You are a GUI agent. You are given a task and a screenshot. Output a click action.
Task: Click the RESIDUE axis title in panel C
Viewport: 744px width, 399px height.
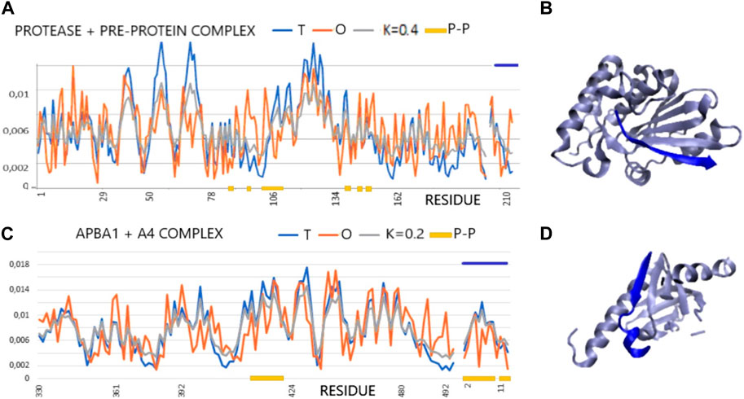tap(346, 389)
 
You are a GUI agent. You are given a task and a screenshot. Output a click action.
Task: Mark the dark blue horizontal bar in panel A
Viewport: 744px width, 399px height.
tap(506, 64)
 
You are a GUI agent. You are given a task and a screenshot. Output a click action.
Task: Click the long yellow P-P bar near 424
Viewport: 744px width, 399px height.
tap(266, 378)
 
